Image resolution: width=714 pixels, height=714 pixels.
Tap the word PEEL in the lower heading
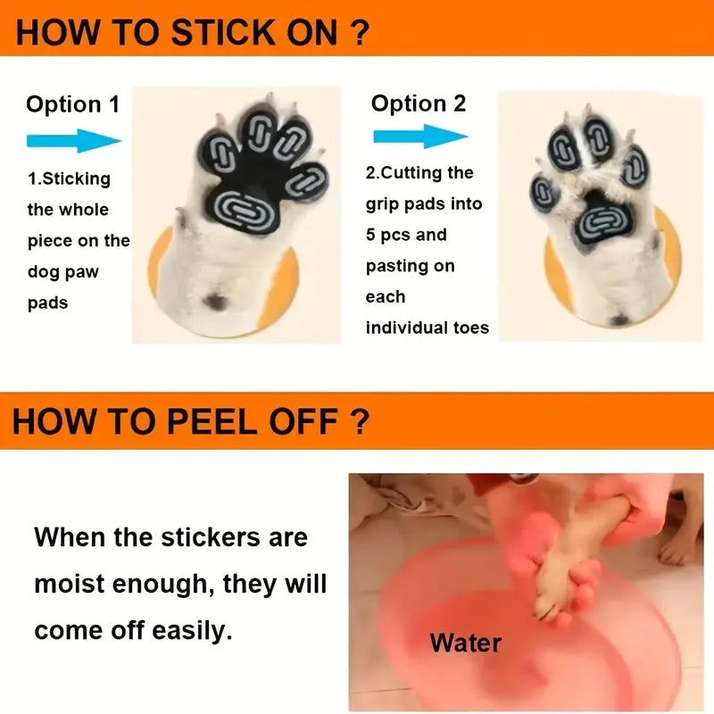click(x=212, y=421)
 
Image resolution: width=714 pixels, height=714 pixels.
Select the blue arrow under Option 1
click(x=74, y=140)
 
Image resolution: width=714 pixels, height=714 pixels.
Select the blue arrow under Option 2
click(x=420, y=136)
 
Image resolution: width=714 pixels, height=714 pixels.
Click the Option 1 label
click(x=73, y=104)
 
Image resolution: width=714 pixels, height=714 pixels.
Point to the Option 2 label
click(x=419, y=104)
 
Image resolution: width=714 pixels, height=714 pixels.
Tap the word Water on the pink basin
click(x=466, y=643)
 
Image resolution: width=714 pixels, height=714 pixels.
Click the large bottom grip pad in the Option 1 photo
click(x=244, y=211)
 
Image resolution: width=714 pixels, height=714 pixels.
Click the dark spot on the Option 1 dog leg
click(x=216, y=301)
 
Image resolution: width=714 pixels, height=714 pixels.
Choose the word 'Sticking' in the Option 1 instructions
click(x=76, y=179)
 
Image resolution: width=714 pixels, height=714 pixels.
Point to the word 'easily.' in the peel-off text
click(x=192, y=632)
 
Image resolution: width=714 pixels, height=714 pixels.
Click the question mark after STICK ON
click(x=360, y=33)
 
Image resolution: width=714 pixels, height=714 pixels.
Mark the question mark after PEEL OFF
click(x=360, y=421)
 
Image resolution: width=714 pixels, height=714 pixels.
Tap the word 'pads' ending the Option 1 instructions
click(x=47, y=303)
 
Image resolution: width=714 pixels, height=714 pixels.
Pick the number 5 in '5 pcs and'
click(x=370, y=235)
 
